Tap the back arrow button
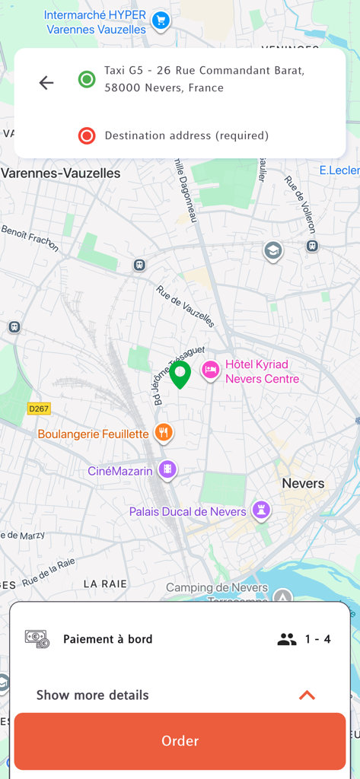(46, 83)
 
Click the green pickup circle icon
(87, 79)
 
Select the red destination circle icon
(87, 136)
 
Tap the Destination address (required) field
(186, 136)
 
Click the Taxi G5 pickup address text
(204, 79)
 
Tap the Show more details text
(93, 695)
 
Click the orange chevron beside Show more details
(307, 695)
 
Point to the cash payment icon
(37, 639)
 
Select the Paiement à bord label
(107, 639)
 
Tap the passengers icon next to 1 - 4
(287, 639)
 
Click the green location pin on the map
(180, 374)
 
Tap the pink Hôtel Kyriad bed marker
(211, 370)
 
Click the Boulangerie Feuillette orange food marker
(163, 434)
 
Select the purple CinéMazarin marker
(168, 470)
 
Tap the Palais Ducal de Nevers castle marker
(261, 511)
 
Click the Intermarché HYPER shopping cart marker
(160, 21)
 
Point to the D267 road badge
(39, 409)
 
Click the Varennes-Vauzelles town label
(61, 173)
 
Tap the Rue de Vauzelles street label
(185, 305)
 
